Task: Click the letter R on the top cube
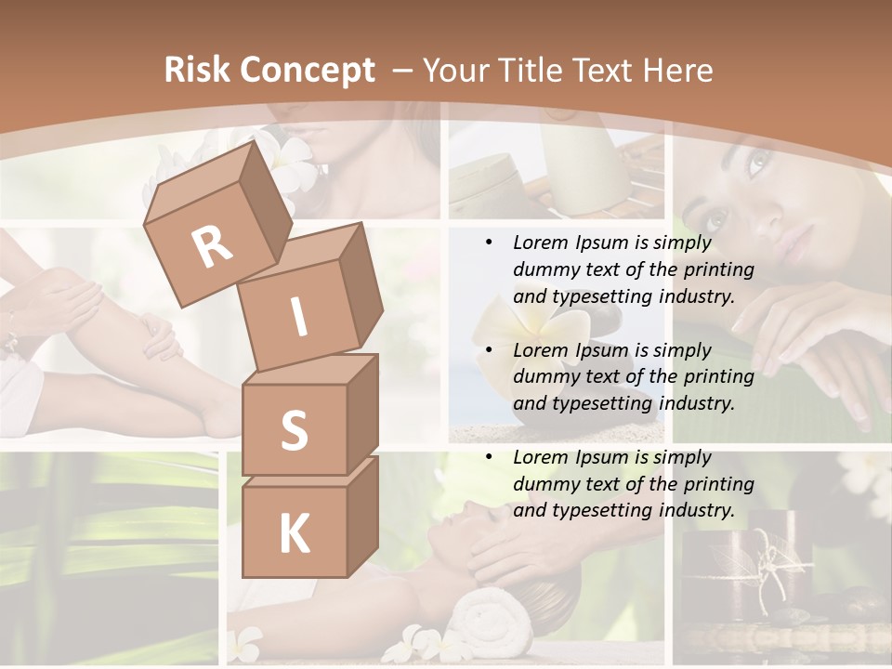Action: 213,247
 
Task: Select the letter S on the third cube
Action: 294,430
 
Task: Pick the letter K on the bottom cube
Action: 294,533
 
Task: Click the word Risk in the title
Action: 197,71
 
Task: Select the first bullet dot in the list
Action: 490,243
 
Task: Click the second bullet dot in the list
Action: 490,350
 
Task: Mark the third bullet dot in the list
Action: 490,457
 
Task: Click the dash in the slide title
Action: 403,72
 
